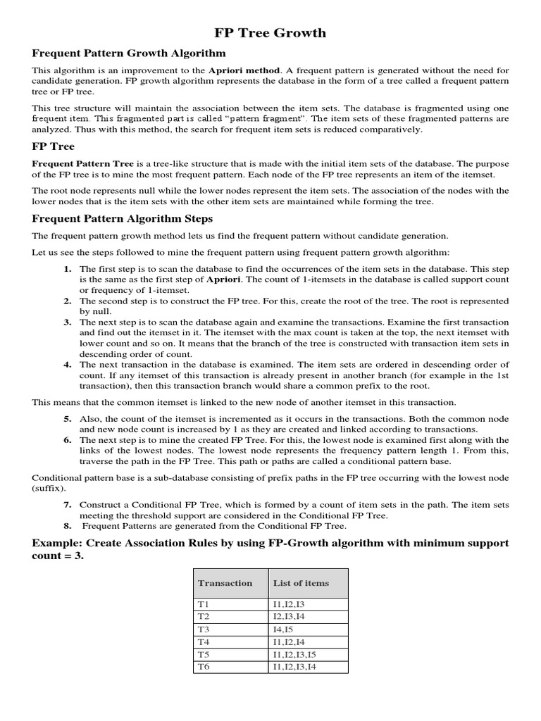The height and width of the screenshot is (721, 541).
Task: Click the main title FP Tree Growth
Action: pyautogui.click(x=270, y=32)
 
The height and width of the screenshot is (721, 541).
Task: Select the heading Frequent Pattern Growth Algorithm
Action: pyautogui.click(x=129, y=53)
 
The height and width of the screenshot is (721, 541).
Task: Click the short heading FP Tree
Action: pyautogui.click(x=53, y=147)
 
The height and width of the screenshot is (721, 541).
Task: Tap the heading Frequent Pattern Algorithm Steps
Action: pyautogui.click(x=120, y=219)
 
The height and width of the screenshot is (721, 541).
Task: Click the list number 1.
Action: pyautogui.click(x=68, y=269)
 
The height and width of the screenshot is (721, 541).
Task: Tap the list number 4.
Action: pyautogui.click(x=68, y=365)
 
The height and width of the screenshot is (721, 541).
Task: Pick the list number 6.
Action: pyautogui.click(x=68, y=439)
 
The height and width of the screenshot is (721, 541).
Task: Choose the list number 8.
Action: pyautogui.click(x=68, y=525)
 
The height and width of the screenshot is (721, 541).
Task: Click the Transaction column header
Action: pyautogui.click(x=225, y=583)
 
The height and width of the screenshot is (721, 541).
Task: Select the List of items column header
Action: pyautogui.click(x=301, y=583)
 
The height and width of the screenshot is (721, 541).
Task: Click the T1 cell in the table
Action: pyautogui.click(x=204, y=604)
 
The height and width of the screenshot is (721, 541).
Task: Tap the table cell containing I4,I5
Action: pyautogui.click(x=285, y=629)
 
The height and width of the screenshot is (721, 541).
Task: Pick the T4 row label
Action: pyautogui.click(x=204, y=641)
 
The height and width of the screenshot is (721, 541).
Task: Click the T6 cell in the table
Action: pyautogui.click(x=204, y=666)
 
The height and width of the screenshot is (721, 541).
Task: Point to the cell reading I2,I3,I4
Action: pyautogui.click(x=291, y=617)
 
